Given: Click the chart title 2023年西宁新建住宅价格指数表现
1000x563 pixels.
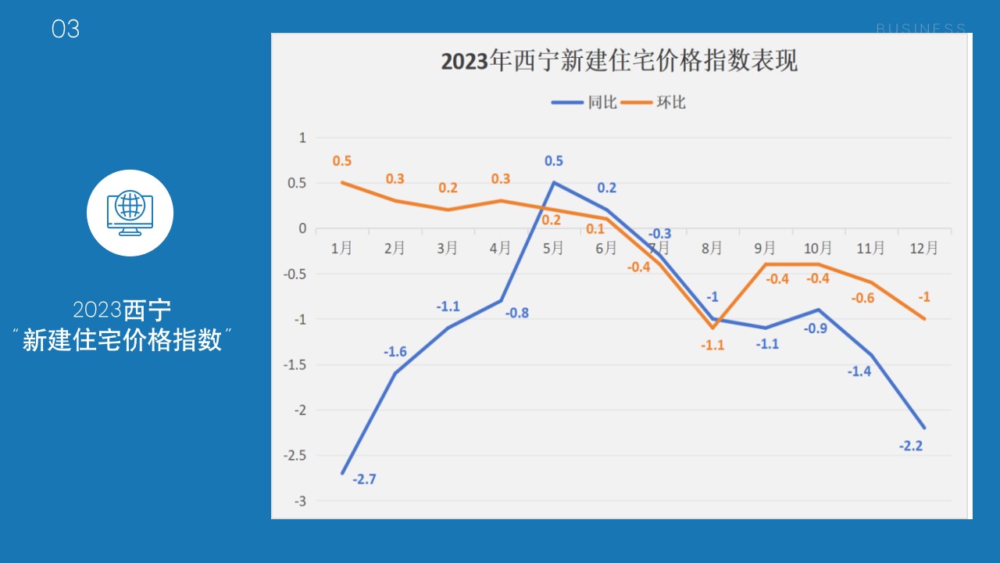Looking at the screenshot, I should [619, 61].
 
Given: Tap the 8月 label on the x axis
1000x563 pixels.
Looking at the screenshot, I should [712, 249].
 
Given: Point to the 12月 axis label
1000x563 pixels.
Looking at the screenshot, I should [923, 249].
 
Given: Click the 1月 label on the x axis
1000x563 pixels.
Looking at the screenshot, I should [341, 249].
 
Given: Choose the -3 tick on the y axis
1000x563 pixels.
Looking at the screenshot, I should [300, 501].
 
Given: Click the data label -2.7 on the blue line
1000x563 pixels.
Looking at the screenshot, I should [363, 479].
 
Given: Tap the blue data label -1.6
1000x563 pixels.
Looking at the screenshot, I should [395, 352].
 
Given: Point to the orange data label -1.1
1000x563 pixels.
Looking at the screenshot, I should [712, 345].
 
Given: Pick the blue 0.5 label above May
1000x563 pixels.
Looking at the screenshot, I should [554, 161].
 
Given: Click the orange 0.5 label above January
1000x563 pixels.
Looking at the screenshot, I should [342, 161].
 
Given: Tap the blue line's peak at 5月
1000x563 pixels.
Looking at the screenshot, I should [554, 183].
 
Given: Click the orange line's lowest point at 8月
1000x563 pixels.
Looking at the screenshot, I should [712, 328].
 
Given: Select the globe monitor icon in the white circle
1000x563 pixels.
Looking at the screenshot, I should [130, 213].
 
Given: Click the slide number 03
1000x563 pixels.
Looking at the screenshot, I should [66, 30].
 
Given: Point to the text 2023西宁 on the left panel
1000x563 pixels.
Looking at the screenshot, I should [122, 310].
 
